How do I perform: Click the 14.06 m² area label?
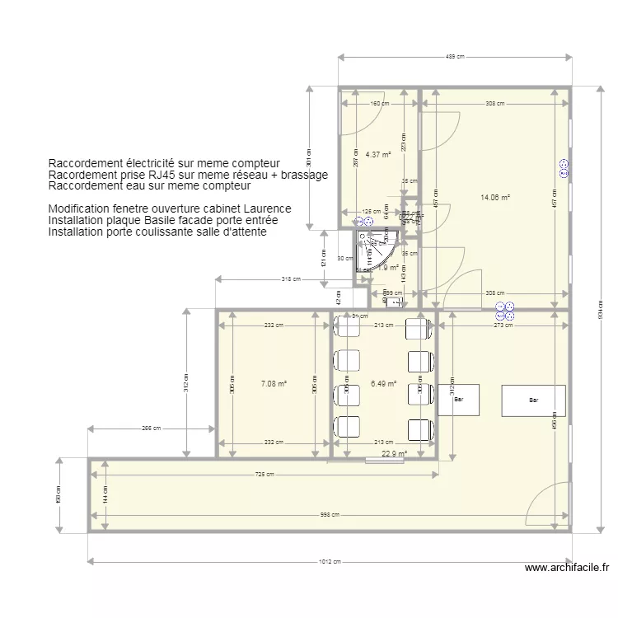coord(495,198)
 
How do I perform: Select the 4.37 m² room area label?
coord(377,154)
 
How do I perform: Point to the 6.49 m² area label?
coord(384,383)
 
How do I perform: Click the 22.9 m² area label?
coord(394,452)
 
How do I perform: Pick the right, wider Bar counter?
coord(534,400)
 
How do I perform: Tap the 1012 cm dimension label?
coord(330,562)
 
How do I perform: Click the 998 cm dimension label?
coord(330,516)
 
